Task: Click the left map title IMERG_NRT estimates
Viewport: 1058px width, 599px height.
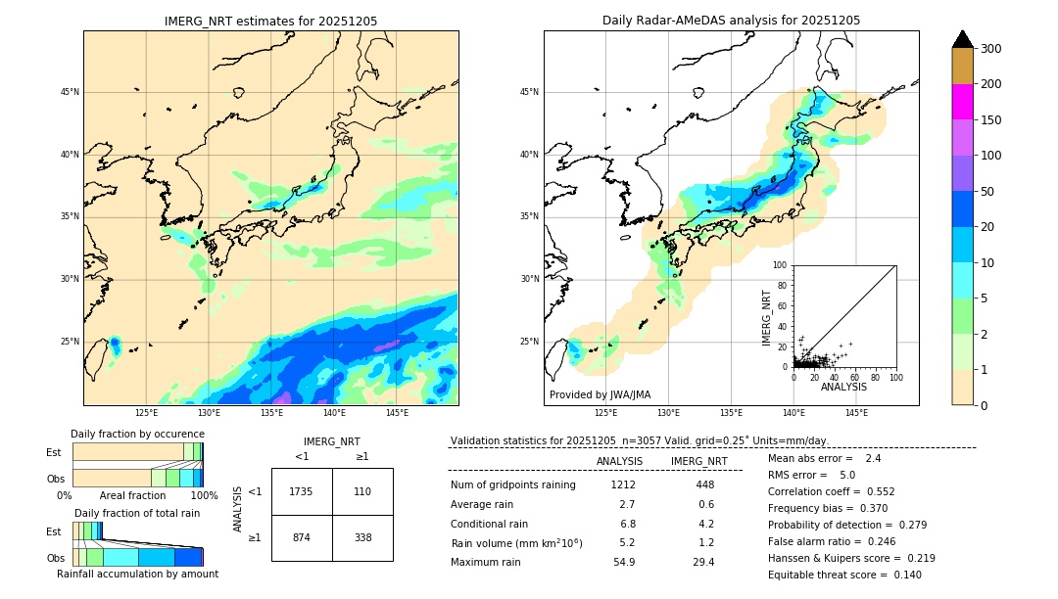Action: click(270, 21)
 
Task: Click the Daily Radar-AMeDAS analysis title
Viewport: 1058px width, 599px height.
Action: click(731, 21)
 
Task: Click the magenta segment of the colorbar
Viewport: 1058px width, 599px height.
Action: click(962, 102)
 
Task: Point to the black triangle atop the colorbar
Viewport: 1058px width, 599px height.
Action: click(962, 39)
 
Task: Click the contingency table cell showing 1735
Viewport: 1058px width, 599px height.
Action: click(302, 491)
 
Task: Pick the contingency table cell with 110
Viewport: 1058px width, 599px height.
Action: click(362, 491)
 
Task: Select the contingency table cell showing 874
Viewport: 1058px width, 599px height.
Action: click(302, 537)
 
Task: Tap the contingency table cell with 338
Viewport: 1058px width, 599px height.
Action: click(362, 537)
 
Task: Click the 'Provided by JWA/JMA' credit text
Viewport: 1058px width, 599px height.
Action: click(600, 395)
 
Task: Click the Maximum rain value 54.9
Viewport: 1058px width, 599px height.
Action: click(624, 562)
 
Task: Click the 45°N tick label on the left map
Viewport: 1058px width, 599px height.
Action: click(69, 92)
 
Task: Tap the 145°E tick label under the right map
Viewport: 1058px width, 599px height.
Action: click(856, 413)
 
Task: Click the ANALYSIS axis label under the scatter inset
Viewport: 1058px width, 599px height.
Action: click(843, 387)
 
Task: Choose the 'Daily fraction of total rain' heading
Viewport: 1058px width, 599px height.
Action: click(137, 513)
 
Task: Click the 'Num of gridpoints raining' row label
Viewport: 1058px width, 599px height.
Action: click(513, 484)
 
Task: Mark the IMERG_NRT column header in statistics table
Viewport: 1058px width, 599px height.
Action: click(698, 461)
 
